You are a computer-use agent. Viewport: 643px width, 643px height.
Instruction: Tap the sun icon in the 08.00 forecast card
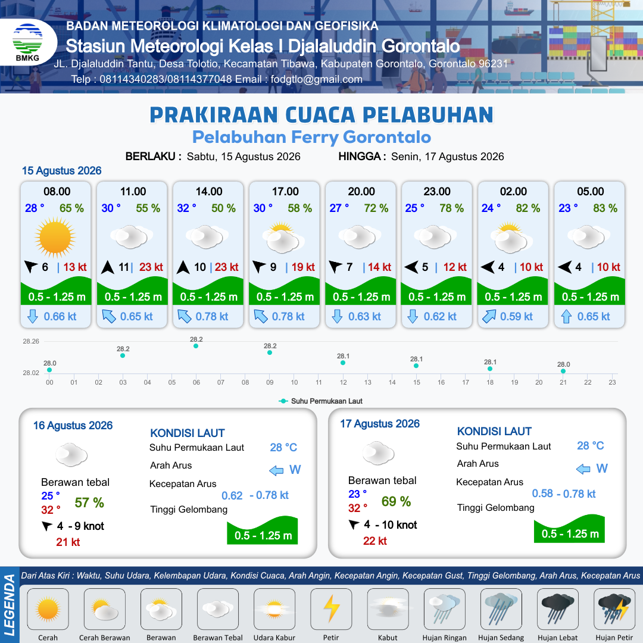point(55,238)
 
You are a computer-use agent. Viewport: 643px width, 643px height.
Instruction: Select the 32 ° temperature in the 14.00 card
point(186,208)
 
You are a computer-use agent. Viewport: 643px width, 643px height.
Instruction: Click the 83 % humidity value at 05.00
point(605,208)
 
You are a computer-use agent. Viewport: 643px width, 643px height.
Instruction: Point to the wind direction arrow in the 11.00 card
point(107,267)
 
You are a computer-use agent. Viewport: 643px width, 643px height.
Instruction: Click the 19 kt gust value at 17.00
point(303,267)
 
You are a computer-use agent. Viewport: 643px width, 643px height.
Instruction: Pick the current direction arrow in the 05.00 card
point(566,317)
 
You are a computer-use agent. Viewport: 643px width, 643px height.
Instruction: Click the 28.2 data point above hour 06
point(196,346)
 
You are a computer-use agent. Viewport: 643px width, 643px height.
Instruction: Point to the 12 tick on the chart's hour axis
point(344,382)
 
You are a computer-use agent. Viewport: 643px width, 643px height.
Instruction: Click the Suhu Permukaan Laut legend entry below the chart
point(321,401)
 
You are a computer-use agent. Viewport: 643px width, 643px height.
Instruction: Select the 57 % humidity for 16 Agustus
point(89,502)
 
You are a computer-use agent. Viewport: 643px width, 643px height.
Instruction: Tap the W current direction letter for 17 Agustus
point(602,469)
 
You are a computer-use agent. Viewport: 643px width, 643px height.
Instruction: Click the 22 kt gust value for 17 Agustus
point(375,541)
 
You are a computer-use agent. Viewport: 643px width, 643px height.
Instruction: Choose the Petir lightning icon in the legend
point(332,609)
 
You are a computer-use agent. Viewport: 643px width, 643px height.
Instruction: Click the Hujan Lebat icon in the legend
point(557,609)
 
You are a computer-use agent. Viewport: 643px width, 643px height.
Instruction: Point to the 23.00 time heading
point(437,192)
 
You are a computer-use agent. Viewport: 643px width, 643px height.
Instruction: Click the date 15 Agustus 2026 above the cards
point(61,171)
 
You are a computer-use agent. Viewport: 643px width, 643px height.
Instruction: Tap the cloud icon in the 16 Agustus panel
point(71,454)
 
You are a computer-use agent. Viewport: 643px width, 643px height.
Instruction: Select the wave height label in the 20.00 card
point(361,297)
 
